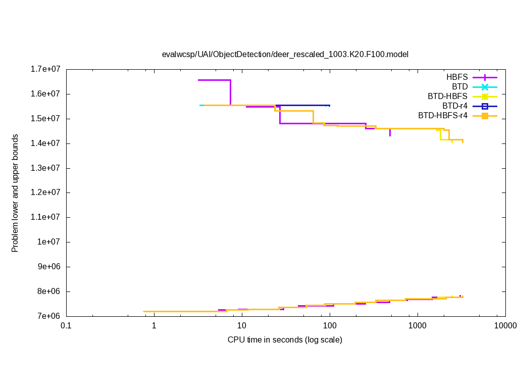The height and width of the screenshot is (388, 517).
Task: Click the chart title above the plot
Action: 285,54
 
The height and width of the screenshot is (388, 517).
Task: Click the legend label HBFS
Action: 457,77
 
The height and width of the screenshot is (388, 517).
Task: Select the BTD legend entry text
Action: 459,87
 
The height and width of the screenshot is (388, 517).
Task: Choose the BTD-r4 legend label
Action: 455,106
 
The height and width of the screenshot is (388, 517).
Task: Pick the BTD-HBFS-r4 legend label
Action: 443,116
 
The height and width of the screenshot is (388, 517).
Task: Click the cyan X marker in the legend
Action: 485,87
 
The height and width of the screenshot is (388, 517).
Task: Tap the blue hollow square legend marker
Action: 485,106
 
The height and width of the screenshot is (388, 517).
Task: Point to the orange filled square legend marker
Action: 485,116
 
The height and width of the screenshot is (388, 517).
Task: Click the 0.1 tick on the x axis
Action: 66,326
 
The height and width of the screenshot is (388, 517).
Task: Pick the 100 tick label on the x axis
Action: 330,326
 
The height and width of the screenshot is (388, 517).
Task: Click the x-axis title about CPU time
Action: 285,339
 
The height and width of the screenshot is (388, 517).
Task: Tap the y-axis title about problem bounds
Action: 15,193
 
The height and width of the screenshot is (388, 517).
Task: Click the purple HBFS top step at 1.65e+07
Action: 214,80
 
